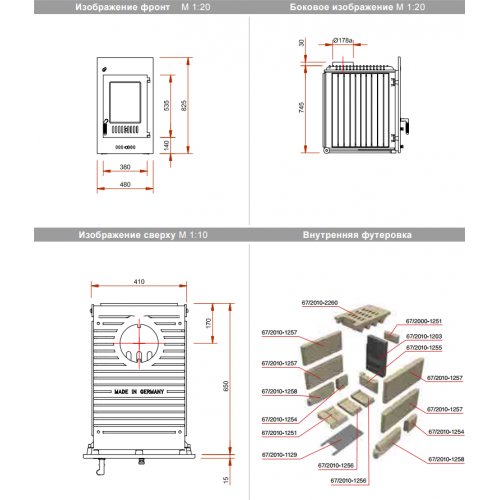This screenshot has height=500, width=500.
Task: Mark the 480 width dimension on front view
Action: click(125, 184)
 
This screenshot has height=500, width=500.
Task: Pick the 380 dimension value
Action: click(125, 168)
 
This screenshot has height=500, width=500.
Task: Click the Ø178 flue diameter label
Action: click(346, 41)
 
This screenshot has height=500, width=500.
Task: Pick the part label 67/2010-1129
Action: click(279, 455)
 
